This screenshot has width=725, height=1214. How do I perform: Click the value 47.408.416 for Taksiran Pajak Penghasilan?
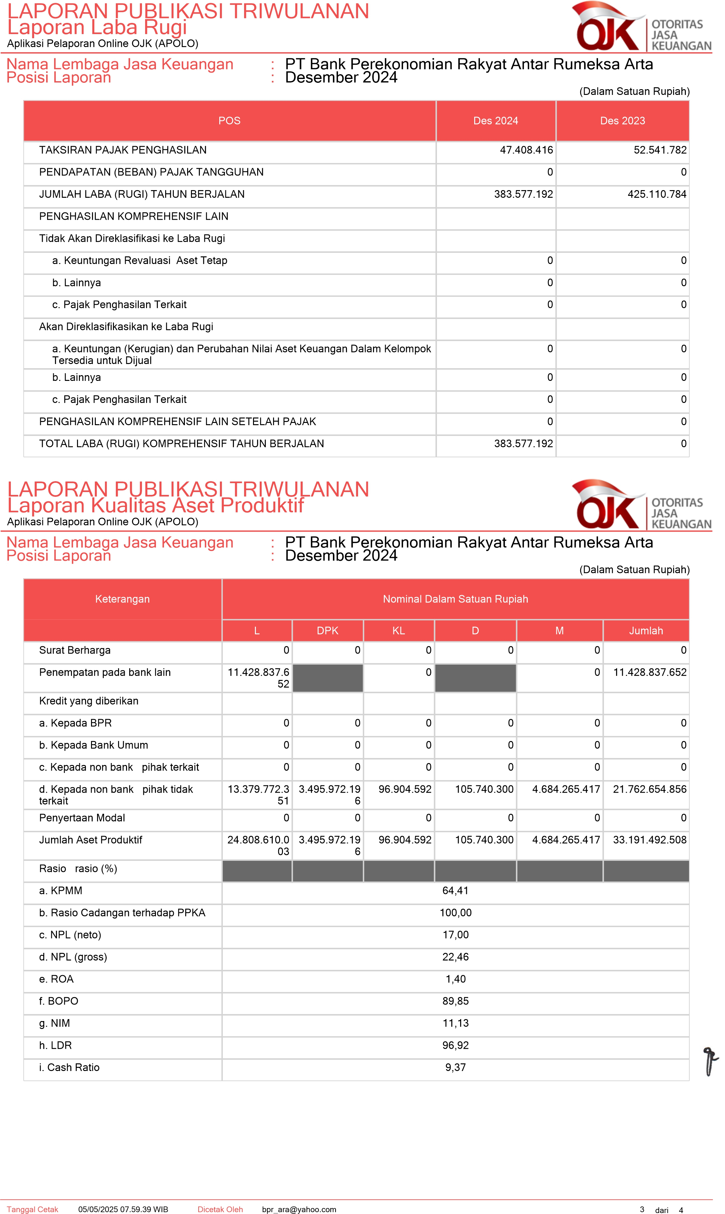pyautogui.click(x=526, y=150)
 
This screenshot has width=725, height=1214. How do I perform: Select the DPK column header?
pyautogui.click(x=327, y=631)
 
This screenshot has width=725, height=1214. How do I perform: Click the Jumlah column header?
pyautogui.click(x=645, y=631)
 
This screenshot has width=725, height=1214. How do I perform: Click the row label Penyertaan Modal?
pyautogui.click(x=82, y=818)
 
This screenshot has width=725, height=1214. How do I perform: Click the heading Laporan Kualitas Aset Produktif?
pyautogui.click(x=155, y=505)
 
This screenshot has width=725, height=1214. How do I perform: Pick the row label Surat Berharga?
pyautogui.click(x=75, y=650)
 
